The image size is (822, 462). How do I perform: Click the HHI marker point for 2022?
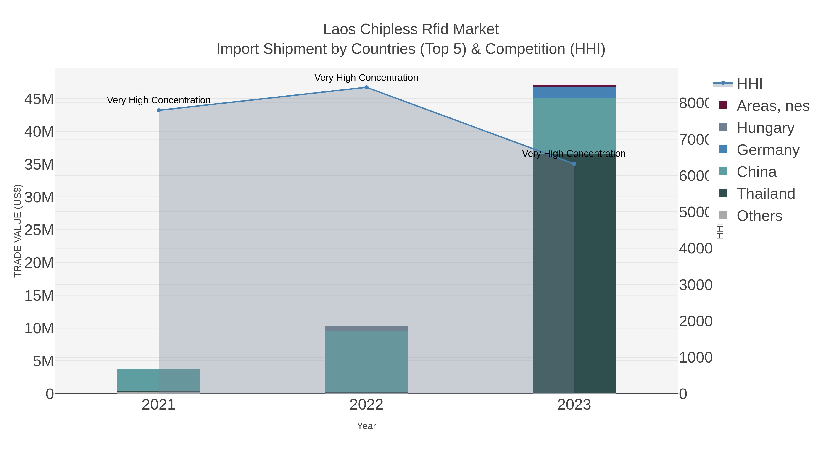[366, 87]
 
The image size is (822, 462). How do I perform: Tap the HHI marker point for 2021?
[159, 110]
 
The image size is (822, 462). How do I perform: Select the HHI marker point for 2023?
[574, 164]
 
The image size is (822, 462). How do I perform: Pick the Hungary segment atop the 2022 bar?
[366, 329]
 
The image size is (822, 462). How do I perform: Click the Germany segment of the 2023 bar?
[574, 92]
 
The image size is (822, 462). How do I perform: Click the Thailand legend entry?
[766, 194]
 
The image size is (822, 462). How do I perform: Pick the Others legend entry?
[759, 216]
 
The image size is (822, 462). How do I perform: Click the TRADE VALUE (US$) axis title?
[18, 231]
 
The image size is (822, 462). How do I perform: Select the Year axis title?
[366, 426]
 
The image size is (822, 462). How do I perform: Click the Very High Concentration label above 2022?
[366, 78]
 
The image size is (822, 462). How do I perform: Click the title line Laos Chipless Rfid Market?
[411, 29]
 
